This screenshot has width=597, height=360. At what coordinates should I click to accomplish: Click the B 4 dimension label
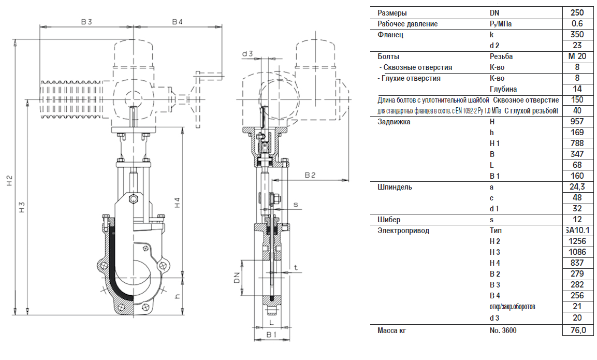[178, 21]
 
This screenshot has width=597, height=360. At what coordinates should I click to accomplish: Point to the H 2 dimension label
[9, 181]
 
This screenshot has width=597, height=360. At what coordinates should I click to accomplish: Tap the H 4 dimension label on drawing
[178, 203]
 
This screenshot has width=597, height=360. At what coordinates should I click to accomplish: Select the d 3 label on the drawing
[247, 53]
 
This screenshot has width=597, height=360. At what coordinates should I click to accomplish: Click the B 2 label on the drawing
[310, 175]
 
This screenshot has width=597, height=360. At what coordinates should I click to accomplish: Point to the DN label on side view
[236, 278]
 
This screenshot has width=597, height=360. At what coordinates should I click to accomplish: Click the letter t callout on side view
[296, 268]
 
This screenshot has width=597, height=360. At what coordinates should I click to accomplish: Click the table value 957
[576, 122]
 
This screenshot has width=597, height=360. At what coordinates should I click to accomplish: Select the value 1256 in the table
[576, 241]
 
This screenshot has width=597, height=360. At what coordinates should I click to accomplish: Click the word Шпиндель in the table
[395, 187]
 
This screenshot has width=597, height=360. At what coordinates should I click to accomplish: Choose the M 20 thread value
[576, 56]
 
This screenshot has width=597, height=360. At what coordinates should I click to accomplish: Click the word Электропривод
[403, 231]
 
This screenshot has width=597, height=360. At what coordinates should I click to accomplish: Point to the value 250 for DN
[576, 13]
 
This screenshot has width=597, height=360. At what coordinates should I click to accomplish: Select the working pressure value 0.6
[576, 24]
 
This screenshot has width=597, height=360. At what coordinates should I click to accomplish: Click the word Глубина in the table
[503, 89]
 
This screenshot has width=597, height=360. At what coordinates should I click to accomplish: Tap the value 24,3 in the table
[576, 187]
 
